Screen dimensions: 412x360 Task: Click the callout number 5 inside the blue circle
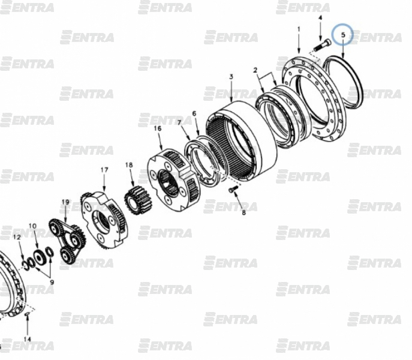[x=342, y=35]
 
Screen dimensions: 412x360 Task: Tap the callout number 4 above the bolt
[x=320, y=18]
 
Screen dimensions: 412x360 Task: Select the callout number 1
[x=299, y=29]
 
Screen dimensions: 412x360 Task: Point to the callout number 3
[x=231, y=77]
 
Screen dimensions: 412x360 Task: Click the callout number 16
[x=158, y=128]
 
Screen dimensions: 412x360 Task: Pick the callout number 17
[x=104, y=170]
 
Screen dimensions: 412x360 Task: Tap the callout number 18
[x=129, y=165]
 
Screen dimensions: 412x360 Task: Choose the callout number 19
[x=65, y=202]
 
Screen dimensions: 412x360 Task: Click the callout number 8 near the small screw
[x=243, y=212]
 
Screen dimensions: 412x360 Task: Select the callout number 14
[x=28, y=339]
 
